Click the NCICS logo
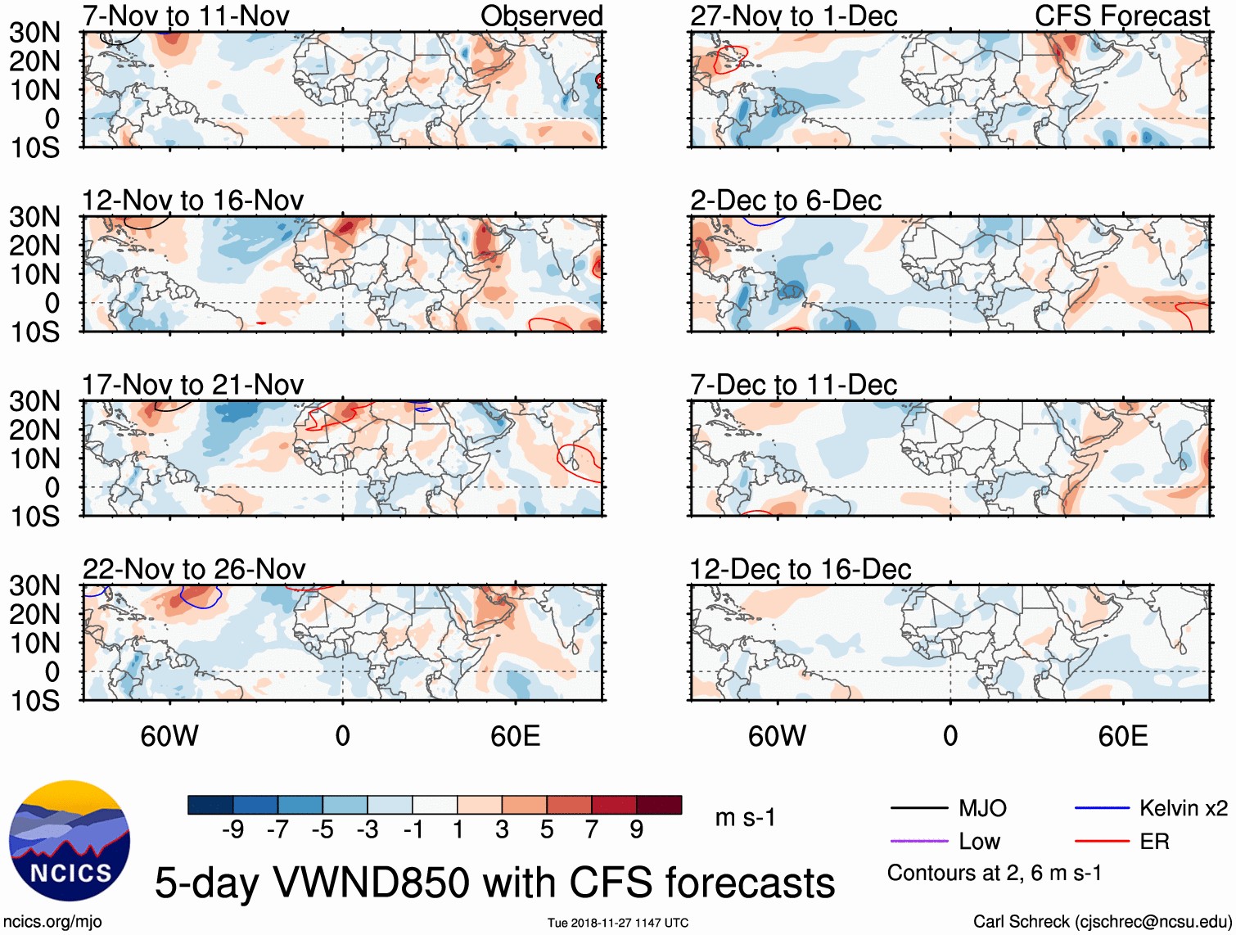pos(69,841)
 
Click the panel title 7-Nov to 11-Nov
pos(186,16)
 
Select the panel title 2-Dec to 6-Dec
pos(786,201)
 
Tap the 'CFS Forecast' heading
pos(1121,16)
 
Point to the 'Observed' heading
pos(541,16)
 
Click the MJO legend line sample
pos(918,809)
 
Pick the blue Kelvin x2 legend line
pos(1102,809)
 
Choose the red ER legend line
pos(1102,842)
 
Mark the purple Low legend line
pos(918,842)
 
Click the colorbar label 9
pos(637,830)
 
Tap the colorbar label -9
pos(233,830)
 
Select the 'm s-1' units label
pos(745,818)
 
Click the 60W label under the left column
pos(169,736)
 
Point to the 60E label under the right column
pos(1122,736)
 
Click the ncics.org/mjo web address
pos(52,922)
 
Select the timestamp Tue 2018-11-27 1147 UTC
pos(618,924)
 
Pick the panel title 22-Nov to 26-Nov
pos(194,569)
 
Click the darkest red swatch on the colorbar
pos(659,805)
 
